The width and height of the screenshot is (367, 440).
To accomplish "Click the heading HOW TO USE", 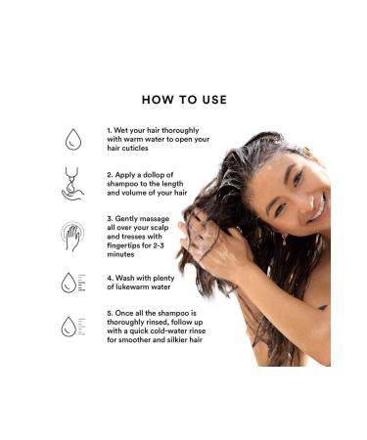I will pos(184,99).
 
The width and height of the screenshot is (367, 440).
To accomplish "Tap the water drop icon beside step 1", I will pos(71,139).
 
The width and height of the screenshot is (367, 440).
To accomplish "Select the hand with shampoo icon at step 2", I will pos(71,184).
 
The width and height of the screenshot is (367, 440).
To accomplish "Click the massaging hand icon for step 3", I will pos(71,236).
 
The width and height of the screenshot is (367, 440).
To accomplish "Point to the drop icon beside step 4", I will pos(69,283).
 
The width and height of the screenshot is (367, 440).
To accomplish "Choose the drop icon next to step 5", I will pos(69,327).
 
